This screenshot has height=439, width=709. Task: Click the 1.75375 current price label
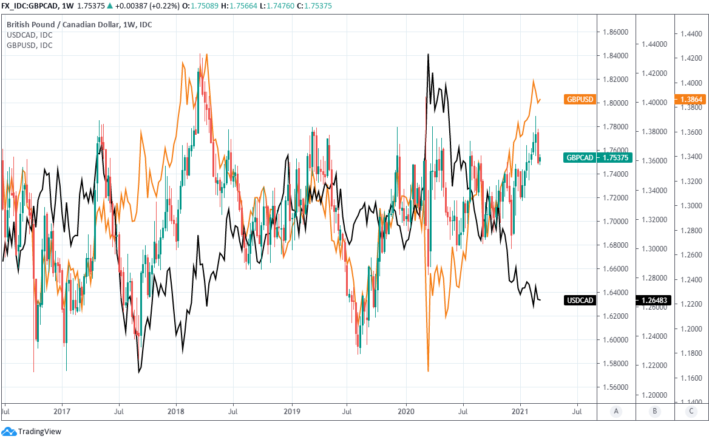(x=616, y=157)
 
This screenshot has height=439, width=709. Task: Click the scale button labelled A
(x=616, y=412)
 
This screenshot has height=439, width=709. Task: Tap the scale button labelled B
(x=655, y=412)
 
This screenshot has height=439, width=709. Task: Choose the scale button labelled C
(x=692, y=412)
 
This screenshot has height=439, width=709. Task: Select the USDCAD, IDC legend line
(x=29, y=35)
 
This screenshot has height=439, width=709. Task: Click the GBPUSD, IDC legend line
(x=29, y=45)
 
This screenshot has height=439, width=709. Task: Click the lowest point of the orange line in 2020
(x=428, y=371)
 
